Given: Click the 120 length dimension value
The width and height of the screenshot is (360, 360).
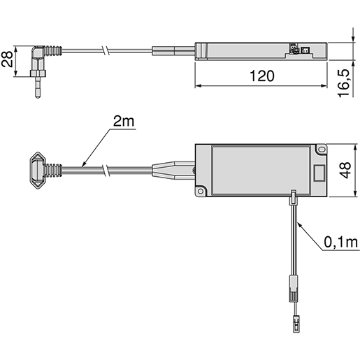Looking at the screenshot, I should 261,76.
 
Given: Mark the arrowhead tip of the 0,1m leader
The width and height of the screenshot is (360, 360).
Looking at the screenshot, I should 298,222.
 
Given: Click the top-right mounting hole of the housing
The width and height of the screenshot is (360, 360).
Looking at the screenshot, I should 321,150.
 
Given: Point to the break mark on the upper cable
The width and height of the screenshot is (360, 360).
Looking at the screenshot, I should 104,51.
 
